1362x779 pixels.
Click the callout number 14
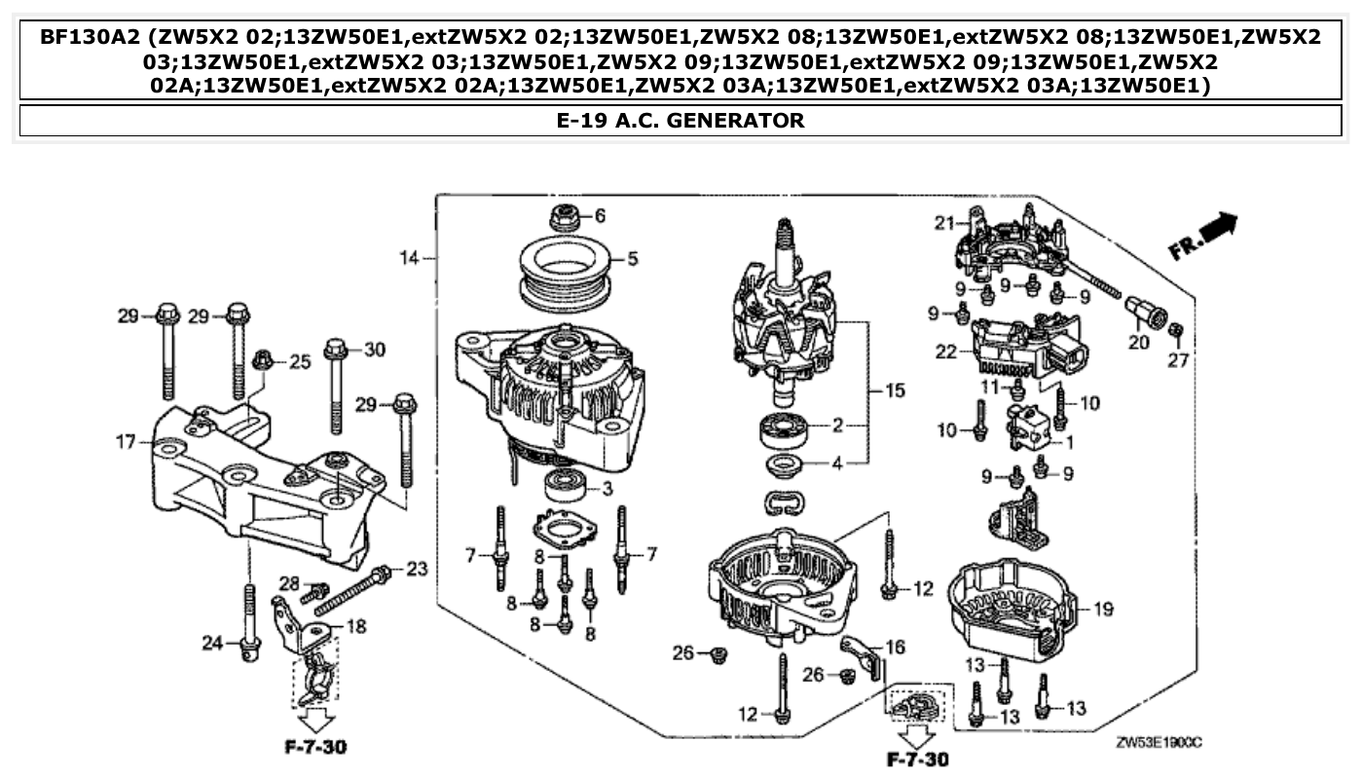pos(408,258)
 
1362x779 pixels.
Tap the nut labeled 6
pos(566,218)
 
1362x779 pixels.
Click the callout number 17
pos(126,442)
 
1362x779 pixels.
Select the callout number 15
pos(895,390)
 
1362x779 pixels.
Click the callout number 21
pos(941,223)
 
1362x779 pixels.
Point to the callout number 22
pos(945,352)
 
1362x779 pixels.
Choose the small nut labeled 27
pos(1175,333)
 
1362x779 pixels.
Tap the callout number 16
pos(895,646)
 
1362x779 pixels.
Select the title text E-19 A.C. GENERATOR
pos(680,121)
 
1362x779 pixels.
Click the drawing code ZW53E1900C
pos(1159,742)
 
